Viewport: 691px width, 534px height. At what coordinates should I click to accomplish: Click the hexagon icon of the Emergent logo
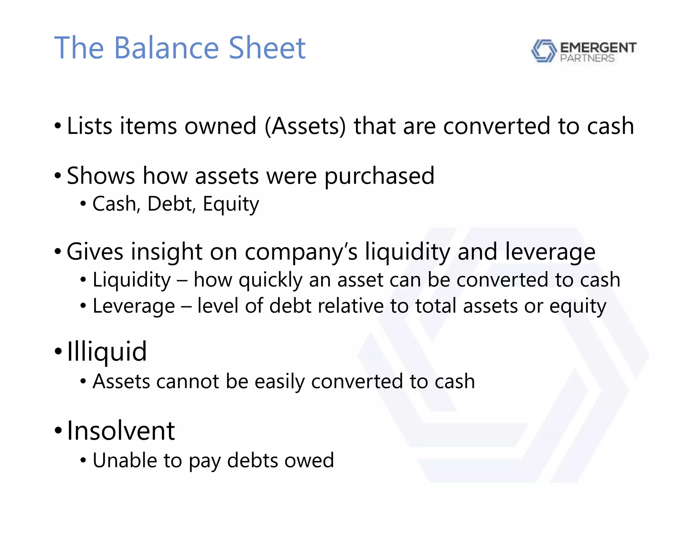coord(544,51)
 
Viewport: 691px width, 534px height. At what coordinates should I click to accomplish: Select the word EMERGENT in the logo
coord(598,48)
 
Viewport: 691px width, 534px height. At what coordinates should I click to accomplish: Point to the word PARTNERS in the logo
coord(587,58)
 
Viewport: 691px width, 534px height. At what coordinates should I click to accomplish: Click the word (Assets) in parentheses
coord(305,126)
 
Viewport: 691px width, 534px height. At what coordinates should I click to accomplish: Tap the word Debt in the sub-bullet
coord(171,204)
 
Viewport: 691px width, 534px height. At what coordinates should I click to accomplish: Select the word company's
coord(301,252)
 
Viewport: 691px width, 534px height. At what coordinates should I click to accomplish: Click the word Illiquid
coord(107,352)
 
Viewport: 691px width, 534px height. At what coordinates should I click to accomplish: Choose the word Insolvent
coord(121,431)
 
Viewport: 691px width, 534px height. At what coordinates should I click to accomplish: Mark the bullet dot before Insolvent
coord(58,431)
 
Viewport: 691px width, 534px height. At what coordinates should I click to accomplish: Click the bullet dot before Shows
coord(58,176)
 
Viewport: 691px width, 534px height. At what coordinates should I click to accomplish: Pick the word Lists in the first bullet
coord(89,126)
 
